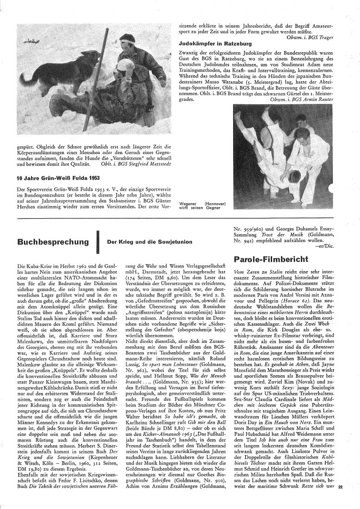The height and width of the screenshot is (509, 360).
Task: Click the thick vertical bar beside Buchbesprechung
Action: click(x=99, y=242)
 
